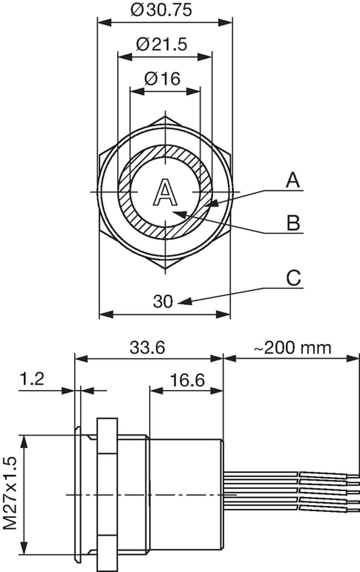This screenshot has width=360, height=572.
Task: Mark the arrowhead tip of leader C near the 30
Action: coord(177,303)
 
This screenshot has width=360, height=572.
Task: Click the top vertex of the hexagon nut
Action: coord(165,117)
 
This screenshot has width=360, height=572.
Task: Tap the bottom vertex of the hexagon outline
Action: coord(165,268)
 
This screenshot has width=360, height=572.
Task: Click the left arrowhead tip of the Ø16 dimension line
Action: coord(130,92)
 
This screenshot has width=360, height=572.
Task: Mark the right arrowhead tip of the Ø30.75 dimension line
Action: coord(232,22)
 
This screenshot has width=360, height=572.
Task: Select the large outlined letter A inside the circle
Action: coord(165,192)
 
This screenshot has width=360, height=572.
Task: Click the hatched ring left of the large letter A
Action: coord(124,192)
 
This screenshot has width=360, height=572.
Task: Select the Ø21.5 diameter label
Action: coord(162,44)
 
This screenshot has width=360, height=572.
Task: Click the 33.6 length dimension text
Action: coord(148,347)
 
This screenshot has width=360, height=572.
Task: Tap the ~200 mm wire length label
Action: coord(293,348)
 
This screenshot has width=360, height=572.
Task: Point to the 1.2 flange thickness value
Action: coord(32,378)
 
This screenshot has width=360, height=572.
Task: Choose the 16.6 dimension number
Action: coord(188,380)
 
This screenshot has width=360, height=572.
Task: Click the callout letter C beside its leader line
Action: coord(293,278)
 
